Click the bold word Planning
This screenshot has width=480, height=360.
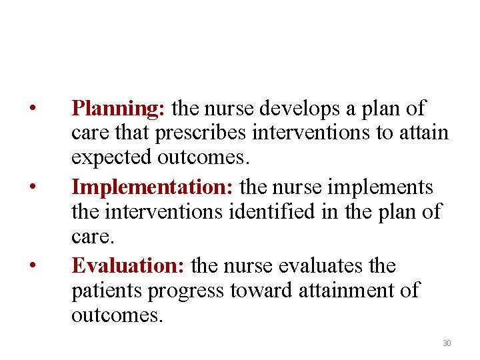[119, 108]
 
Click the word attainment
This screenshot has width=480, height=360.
[347, 291]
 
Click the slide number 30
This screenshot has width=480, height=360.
[447, 343]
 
